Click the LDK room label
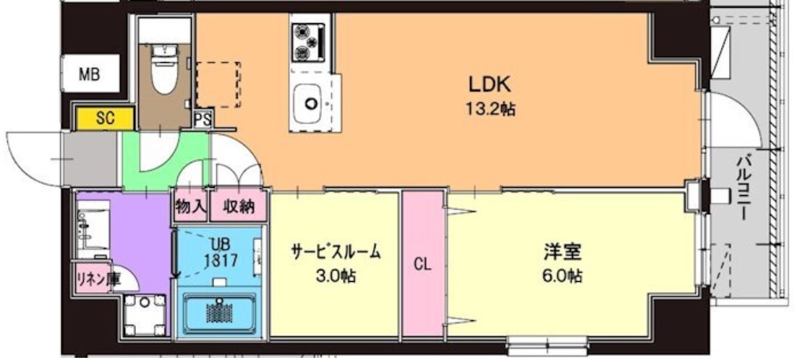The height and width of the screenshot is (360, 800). (490, 85)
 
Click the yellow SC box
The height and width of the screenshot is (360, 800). (105, 119)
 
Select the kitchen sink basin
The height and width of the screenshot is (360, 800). (310, 104)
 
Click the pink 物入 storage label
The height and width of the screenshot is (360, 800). (190, 207)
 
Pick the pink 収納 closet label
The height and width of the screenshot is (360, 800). (238, 207)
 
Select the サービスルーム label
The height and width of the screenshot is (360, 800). (335, 253)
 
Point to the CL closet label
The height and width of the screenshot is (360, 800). (422, 265)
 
